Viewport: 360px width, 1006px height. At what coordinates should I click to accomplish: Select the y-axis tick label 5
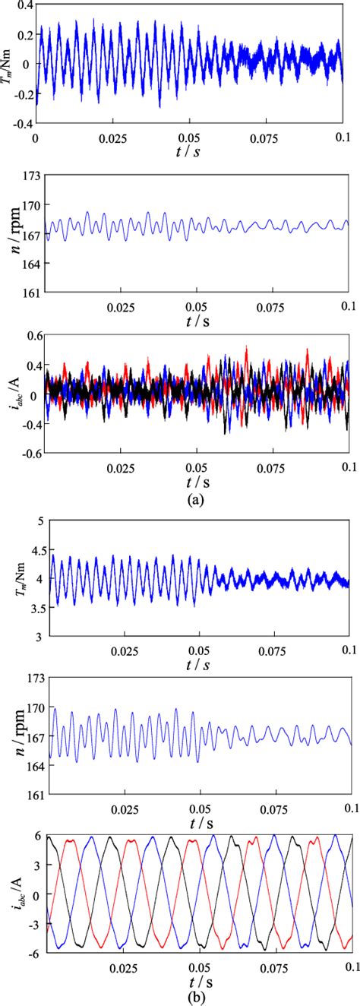point(39,525)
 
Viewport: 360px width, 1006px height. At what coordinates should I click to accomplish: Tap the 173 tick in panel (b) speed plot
point(30,677)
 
